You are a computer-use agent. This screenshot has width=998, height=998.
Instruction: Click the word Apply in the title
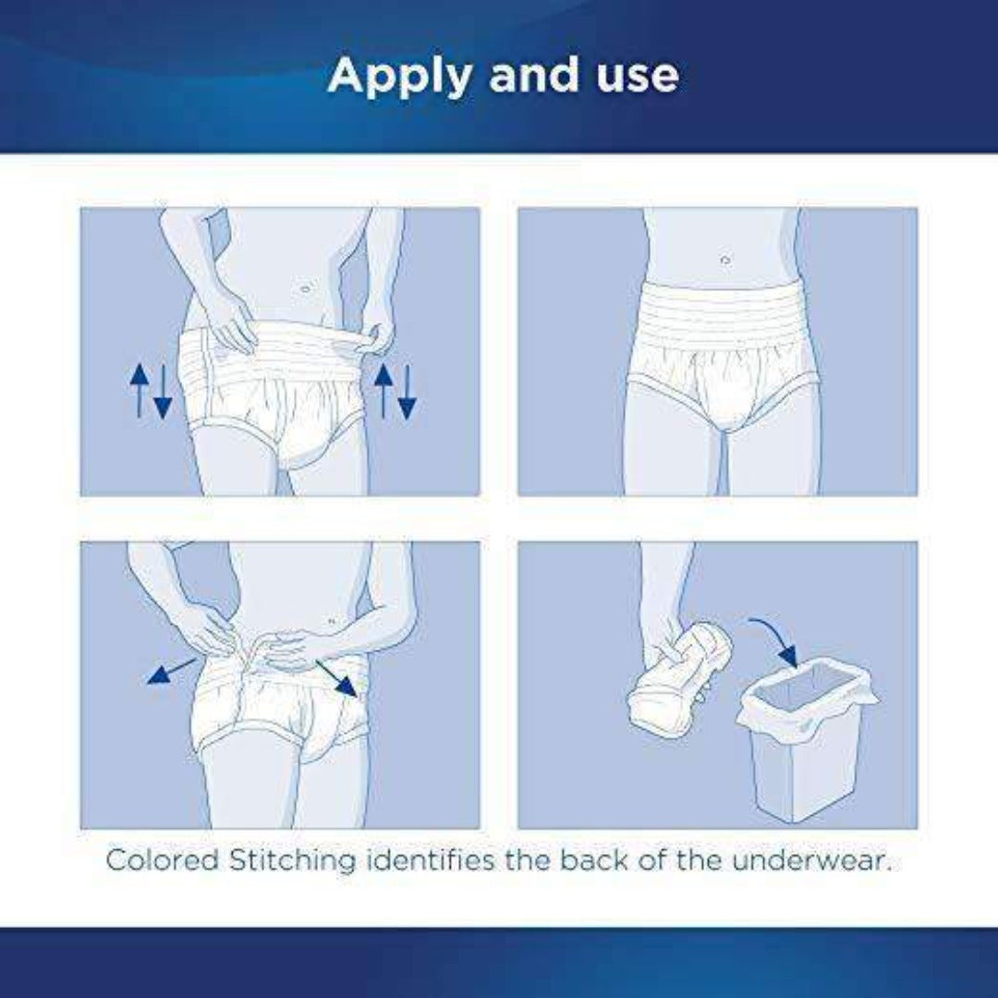click(399, 76)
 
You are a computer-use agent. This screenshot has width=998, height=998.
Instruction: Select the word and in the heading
click(529, 76)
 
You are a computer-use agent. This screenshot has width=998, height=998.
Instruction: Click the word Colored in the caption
click(162, 859)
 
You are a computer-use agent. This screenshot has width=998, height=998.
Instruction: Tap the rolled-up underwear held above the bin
click(679, 679)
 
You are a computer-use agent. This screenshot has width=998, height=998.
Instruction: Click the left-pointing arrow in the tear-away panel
click(171, 671)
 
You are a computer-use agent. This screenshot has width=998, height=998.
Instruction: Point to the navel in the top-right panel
click(724, 261)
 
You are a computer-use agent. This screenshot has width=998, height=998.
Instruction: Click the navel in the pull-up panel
click(306, 289)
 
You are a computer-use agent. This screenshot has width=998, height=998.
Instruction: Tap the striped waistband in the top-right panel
click(723, 314)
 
